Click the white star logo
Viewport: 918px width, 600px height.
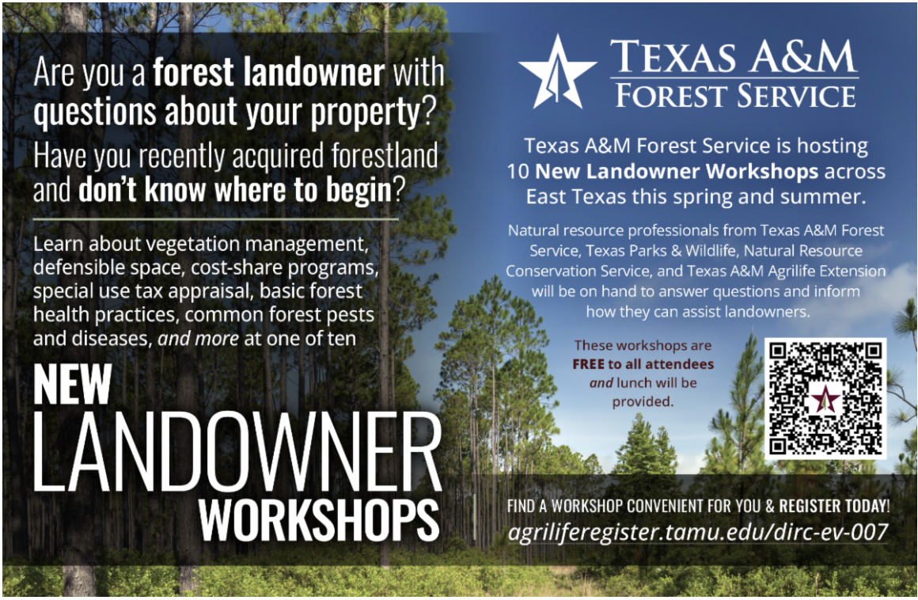[x=557, y=73]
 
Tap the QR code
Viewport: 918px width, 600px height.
[x=825, y=398]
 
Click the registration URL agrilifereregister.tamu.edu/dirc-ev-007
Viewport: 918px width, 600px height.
[x=698, y=532]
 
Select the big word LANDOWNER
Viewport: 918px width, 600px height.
[x=237, y=451]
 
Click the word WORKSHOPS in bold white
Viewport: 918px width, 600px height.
[x=319, y=520]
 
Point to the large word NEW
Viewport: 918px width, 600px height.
[x=72, y=384]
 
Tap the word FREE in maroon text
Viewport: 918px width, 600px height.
[x=588, y=364]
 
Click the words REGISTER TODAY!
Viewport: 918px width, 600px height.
[x=834, y=506]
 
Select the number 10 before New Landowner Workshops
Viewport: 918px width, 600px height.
[x=518, y=172]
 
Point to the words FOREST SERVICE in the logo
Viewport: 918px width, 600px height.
[x=735, y=96]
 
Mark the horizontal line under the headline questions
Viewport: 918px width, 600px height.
[x=215, y=219]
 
